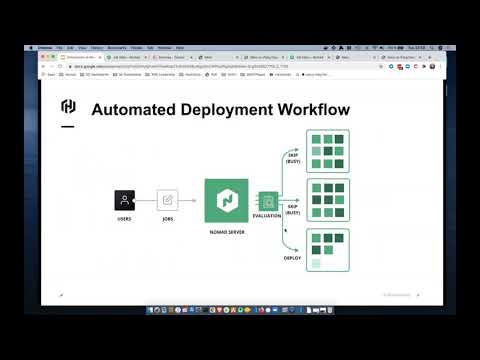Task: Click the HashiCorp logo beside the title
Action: [69, 107]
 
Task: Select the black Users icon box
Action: [125, 200]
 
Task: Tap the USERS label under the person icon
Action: [125, 217]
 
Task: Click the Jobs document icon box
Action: [167, 200]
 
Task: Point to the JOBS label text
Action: [167, 217]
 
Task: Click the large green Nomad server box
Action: [226, 200]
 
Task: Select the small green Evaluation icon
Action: [266, 200]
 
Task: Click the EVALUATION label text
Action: [267, 215]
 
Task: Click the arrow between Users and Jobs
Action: [146, 200]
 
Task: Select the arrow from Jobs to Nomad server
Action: [191, 200]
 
